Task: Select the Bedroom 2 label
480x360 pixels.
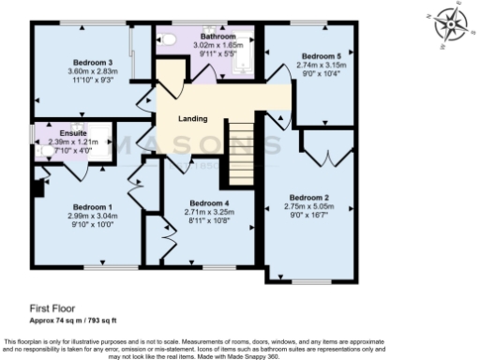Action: coord(307,198)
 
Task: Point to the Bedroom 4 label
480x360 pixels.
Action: coord(209,203)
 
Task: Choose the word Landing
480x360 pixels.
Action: coord(192,118)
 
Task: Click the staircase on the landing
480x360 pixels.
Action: coord(242,155)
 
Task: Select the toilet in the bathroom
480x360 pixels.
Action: coord(169,38)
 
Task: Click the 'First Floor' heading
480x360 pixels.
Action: coord(52,307)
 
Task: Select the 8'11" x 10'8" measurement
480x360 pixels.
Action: coord(209,221)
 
